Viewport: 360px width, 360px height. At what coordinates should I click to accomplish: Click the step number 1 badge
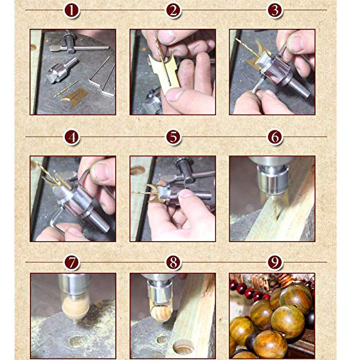coord(72,10)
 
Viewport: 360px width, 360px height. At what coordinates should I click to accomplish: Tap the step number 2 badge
coord(173,10)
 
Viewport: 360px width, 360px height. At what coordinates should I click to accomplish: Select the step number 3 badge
coord(275,10)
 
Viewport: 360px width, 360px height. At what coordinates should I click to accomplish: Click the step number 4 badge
coord(72,137)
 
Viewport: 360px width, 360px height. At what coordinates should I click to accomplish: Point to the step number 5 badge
coord(173,137)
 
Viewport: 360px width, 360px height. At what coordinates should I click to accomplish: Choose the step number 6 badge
coord(275,137)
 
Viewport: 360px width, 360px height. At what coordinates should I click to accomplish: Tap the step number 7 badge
coord(72,263)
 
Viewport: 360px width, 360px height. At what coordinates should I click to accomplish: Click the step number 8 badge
coord(173,263)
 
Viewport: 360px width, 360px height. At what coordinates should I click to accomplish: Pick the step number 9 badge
coord(275,263)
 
